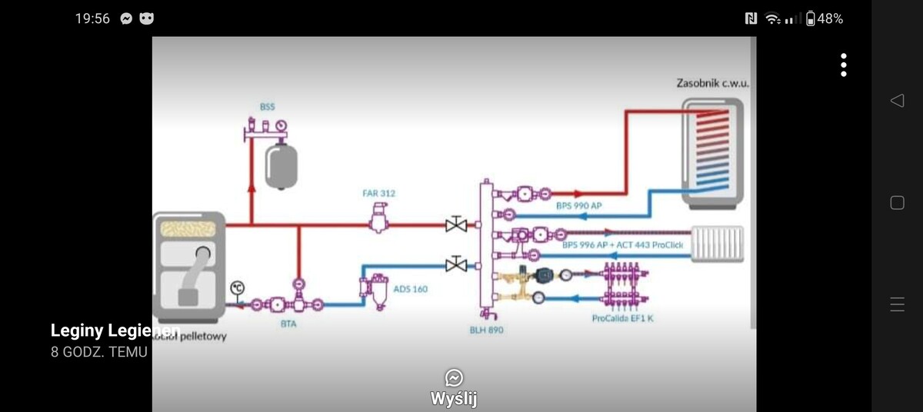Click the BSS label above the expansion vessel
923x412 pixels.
point(267,107)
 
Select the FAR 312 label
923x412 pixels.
point(378,193)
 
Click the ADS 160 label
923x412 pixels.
point(410,289)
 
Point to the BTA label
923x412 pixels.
point(288,324)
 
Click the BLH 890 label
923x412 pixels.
point(487,330)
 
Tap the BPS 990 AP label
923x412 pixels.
point(578,206)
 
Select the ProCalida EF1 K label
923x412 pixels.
point(622,318)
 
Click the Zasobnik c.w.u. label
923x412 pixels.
point(712,83)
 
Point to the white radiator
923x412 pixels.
point(717,243)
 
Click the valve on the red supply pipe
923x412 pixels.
point(456,224)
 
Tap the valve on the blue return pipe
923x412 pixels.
point(456,264)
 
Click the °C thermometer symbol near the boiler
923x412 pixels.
point(238,287)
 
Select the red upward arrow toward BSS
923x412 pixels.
point(252,191)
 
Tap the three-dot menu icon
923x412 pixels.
point(844,65)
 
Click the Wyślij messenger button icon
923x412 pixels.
point(454,378)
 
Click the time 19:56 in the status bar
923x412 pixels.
point(92,18)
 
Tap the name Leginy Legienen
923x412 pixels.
point(115,331)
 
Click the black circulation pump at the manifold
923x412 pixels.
point(544,273)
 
